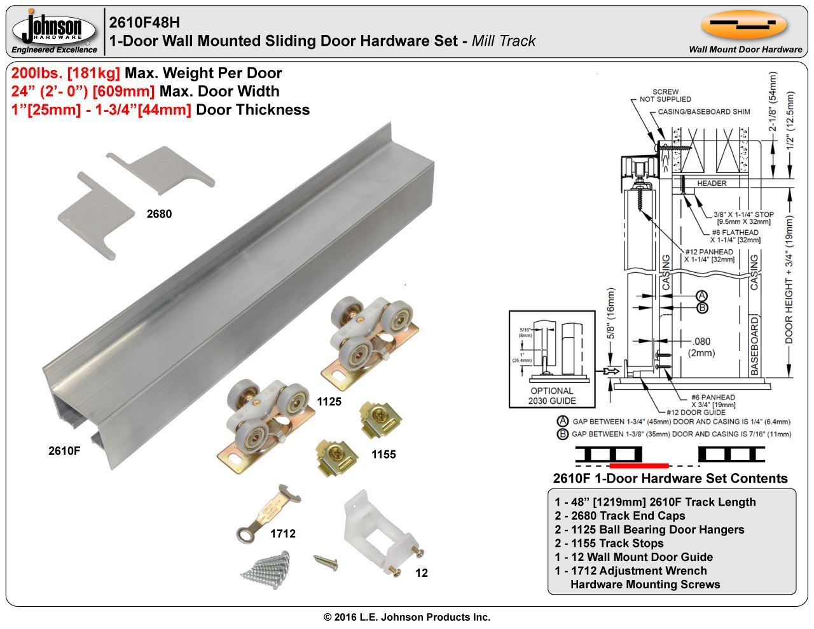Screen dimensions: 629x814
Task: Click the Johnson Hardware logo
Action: tap(55, 31)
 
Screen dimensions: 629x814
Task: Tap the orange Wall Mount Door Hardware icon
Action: tap(744, 25)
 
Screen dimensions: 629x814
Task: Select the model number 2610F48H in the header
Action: tap(144, 22)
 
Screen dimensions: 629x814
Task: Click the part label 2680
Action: tap(159, 214)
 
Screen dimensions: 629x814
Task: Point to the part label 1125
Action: tap(329, 401)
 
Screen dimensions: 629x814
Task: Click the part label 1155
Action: tap(383, 454)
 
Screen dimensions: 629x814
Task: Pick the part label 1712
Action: tap(283, 534)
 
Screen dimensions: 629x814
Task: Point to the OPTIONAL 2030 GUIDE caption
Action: tap(551, 396)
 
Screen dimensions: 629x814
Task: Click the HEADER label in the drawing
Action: tap(712, 183)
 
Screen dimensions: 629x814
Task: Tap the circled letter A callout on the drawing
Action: tap(701, 295)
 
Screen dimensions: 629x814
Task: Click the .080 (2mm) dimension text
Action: tap(703, 347)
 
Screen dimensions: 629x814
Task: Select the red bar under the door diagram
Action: tap(638, 465)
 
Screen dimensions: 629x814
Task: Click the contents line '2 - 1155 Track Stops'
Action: tap(609, 543)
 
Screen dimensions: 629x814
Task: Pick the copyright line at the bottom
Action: tap(407, 617)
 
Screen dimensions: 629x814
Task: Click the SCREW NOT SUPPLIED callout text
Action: tap(665, 95)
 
